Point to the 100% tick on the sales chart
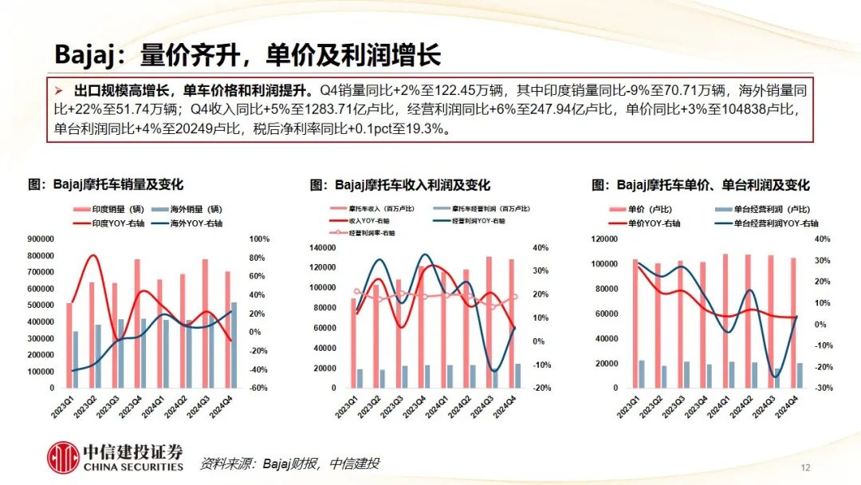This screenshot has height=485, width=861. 259,239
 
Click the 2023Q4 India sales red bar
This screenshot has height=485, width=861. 137,323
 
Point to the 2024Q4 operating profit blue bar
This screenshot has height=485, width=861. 517,376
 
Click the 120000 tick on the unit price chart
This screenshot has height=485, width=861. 605,239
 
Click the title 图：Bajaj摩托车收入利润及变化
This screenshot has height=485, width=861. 400,185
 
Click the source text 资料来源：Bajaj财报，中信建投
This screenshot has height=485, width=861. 289,463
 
